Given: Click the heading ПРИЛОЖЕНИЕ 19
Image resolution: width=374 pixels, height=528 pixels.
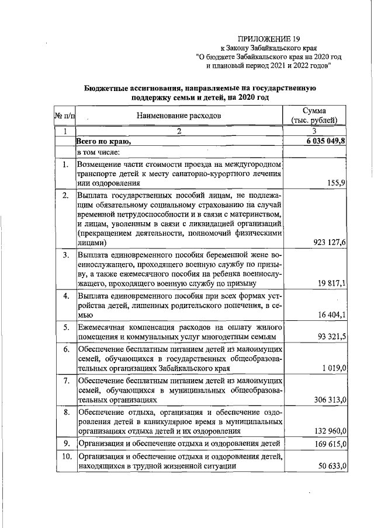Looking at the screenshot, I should (268, 39).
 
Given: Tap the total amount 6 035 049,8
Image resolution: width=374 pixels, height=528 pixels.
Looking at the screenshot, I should (325, 142).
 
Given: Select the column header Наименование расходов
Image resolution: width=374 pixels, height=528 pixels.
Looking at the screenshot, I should (179, 116).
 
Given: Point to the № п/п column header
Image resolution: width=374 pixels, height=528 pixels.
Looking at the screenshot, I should (64, 116).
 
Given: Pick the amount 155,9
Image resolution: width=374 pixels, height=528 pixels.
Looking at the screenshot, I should (336, 183).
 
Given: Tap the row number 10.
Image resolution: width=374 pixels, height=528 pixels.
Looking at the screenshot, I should (65, 456).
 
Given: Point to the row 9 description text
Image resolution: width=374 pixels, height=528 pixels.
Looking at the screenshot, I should (180, 444).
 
